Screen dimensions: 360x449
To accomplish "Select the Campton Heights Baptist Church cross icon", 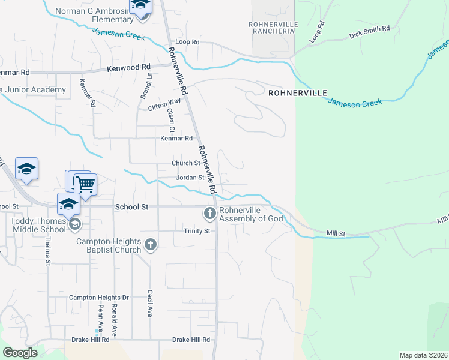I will pos(151,244).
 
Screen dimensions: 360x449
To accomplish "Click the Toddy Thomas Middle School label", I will pos(38,225).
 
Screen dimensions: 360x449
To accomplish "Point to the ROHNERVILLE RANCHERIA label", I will pos(273,28).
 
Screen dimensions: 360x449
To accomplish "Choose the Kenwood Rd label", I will pos(128,68).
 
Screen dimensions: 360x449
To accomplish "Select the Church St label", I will pos(185,163).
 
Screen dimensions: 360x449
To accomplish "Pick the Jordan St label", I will pos(190,178).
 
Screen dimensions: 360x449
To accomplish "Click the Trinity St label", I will pos(197,231).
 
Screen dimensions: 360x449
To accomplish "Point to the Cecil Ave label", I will pos(149,304).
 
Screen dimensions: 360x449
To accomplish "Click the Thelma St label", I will pos(47,253).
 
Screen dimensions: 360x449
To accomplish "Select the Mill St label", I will pos(337,232).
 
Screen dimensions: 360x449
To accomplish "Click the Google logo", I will pos(20,353).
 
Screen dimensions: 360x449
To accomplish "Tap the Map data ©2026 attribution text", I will pos(423,355).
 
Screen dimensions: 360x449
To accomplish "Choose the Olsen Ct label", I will pos(171,120).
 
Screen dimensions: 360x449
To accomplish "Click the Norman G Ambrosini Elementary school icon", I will pos(140,6).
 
